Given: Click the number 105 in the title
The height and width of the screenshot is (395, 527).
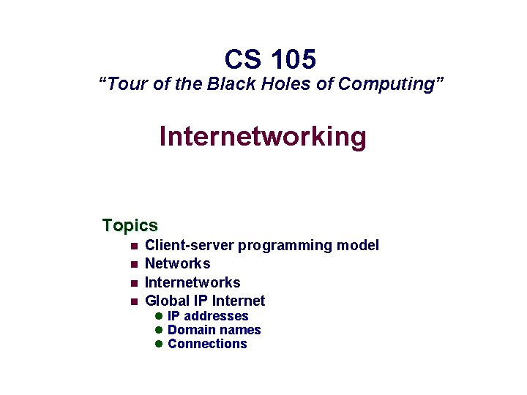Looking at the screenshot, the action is tap(292, 59).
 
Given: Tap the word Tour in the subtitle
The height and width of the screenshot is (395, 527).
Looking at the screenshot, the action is tap(124, 84).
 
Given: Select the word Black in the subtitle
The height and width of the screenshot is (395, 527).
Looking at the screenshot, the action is tap(232, 84).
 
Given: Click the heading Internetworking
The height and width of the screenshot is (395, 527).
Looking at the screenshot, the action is tap(263, 137).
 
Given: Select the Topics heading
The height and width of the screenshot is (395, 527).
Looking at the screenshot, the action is tap(130, 225).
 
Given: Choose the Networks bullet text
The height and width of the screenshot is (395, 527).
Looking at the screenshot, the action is tap(178, 263).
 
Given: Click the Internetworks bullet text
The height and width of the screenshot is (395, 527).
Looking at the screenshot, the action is tap(193, 282).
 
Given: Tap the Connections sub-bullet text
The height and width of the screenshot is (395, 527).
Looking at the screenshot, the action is tap(207, 344).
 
